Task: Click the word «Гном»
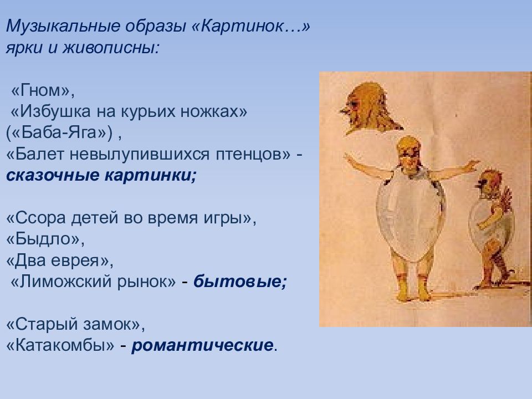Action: pyautogui.click(x=40, y=90)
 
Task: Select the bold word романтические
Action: pyautogui.click(x=203, y=345)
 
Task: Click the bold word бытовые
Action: pyautogui.click(x=240, y=282)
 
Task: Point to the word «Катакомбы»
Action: pyautogui.click(x=61, y=345)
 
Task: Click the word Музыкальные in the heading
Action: pyautogui.click(x=63, y=27)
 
